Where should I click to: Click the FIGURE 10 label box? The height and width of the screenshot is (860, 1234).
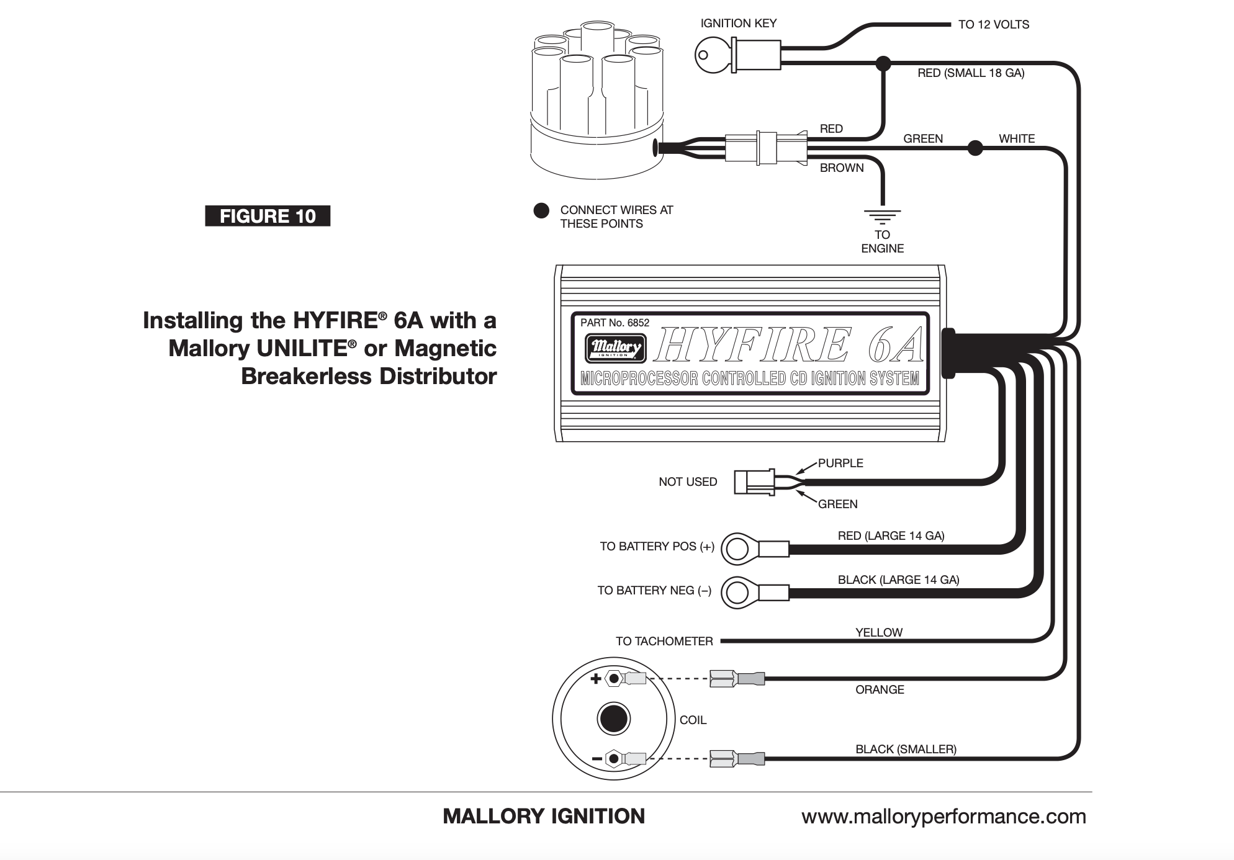point(268,216)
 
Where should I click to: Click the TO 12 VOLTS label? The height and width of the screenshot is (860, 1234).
point(993,25)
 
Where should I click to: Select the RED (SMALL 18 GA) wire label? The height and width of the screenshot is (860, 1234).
point(971,73)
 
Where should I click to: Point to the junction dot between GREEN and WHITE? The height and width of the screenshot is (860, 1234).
point(975,148)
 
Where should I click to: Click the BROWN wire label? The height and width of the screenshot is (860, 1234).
point(842,168)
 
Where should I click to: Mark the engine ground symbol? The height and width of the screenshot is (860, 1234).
point(882,217)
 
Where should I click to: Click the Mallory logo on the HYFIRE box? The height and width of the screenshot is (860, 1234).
point(615,348)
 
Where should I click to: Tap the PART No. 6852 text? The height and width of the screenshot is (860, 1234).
point(615,323)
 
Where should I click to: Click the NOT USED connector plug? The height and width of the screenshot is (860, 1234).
point(754,482)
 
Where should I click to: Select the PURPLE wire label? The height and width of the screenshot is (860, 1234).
point(840,464)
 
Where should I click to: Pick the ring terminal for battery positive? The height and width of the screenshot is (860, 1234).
point(737,549)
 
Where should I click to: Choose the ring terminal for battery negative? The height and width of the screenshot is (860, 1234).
point(737,593)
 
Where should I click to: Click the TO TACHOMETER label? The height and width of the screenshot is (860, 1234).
point(664,642)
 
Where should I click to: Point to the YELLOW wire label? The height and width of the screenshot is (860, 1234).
point(879,633)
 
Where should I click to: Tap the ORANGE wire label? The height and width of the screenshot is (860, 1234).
point(880,690)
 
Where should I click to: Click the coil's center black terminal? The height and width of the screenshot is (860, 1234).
point(613,719)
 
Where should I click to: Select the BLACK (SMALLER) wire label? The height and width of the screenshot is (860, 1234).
point(906,750)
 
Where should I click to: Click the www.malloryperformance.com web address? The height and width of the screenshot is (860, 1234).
point(944,817)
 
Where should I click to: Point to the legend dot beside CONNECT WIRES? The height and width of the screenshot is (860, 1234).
point(541,210)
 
